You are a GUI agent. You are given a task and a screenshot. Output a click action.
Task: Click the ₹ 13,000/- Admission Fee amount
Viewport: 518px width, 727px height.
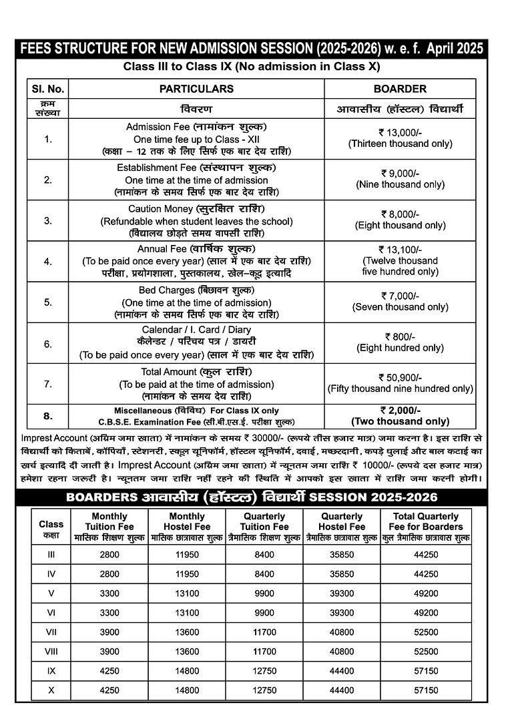pos(400,132)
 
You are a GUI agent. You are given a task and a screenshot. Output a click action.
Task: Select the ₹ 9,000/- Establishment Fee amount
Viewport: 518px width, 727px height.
pos(400,173)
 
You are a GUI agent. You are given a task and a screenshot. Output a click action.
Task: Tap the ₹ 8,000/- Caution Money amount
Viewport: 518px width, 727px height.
pos(400,214)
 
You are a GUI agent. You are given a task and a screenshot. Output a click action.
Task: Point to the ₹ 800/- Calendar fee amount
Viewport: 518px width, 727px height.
pos(400,336)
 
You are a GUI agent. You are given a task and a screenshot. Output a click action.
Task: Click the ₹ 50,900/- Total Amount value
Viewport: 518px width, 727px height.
pos(400,377)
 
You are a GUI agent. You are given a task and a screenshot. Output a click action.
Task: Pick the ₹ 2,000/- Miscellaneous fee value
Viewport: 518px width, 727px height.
pos(400,411)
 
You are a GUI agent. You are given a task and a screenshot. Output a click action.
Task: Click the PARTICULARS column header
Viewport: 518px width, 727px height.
pos(196,89)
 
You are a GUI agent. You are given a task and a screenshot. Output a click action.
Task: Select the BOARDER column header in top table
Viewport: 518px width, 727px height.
pos(400,89)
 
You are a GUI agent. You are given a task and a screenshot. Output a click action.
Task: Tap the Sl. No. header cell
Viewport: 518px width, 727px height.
pos(47,89)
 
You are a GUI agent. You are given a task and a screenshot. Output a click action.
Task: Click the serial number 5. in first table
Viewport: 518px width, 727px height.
pos(47,302)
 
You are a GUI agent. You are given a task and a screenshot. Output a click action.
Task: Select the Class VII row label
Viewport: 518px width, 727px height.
pos(51,632)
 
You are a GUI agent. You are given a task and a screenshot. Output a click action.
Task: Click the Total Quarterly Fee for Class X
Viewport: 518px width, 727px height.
pos(425,690)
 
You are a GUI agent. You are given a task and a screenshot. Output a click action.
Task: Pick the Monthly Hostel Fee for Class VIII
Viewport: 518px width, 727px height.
pos(187,651)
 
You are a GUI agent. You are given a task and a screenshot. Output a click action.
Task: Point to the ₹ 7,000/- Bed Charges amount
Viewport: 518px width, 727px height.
pos(400,296)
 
